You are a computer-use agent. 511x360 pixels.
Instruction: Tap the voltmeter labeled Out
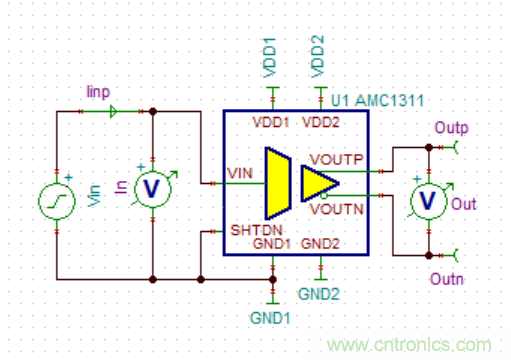tap(428, 200)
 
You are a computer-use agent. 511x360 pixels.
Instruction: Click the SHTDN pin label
tap(251, 229)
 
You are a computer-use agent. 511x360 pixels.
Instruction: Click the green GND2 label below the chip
tap(319, 294)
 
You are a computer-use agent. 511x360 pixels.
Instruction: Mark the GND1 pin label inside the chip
tap(271, 243)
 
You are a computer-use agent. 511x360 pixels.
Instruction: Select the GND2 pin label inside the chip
tap(320, 243)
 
